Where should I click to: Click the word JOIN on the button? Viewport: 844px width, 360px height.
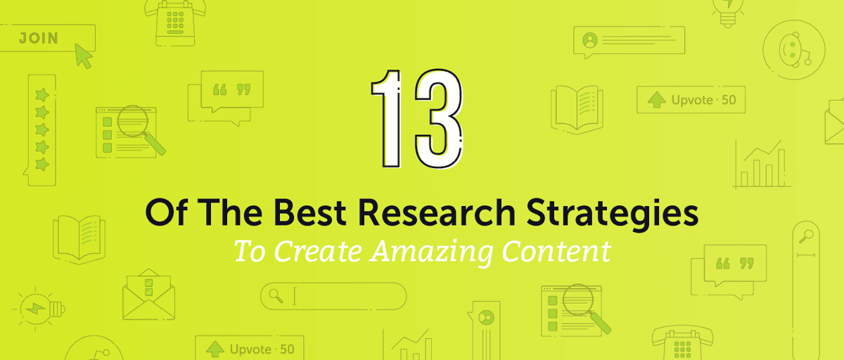[38, 37]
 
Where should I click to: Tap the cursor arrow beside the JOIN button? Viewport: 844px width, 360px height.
[84, 56]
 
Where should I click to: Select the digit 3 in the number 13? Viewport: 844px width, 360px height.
[438, 117]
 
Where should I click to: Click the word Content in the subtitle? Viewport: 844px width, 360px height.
[562, 251]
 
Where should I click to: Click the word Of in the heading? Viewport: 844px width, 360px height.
[162, 213]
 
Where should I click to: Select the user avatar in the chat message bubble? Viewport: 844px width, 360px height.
[589, 40]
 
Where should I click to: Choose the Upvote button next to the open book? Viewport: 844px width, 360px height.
[691, 100]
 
